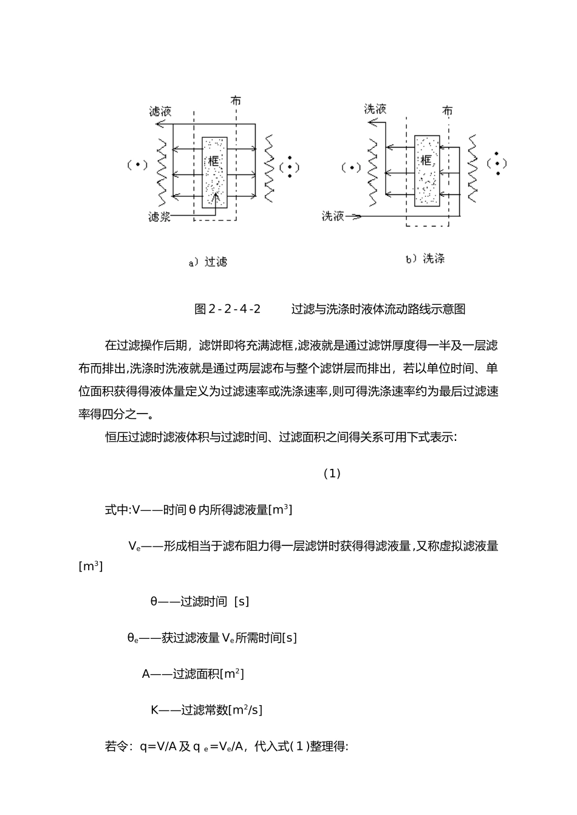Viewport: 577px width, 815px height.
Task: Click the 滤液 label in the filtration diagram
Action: click(x=160, y=111)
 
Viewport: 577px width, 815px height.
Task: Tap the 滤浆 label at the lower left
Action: click(x=159, y=217)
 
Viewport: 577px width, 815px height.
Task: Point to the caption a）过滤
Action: click(x=208, y=262)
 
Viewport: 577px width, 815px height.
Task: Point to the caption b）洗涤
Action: click(x=425, y=259)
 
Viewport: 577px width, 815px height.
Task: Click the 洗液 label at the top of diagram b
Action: click(x=375, y=109)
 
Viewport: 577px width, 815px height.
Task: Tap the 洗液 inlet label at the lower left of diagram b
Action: click(x=333, y=216)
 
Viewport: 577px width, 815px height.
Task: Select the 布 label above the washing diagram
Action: click(x=448, y=111)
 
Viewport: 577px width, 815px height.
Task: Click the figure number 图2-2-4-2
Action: click(x=227, y=309)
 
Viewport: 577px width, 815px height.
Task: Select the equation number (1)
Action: click(x=332, y=474)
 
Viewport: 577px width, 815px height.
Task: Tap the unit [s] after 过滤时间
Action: click(x=241, y=602)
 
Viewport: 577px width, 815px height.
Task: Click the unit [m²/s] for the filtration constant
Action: click(x=245, y=710)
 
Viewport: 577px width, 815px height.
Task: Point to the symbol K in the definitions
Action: click(x=154, y=710)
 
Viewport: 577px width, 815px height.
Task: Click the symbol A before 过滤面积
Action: click(x=146, y=673)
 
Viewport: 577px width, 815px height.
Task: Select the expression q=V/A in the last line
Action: click(x=157, y=746)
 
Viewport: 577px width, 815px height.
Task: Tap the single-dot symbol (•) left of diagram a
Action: click(x=137, y=165)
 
